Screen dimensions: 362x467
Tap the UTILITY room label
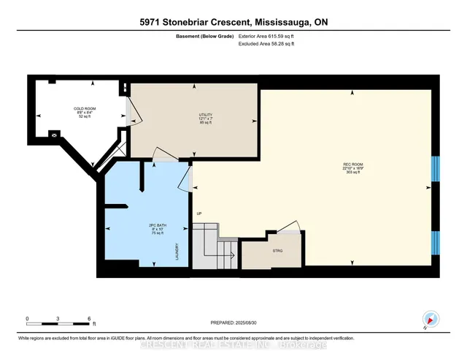(195, 115)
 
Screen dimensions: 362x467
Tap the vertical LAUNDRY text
(177, 253)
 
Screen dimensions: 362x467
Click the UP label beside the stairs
(198, 214)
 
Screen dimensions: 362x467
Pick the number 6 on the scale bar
(88, 319)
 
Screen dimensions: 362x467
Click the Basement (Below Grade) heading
(202, 34)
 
